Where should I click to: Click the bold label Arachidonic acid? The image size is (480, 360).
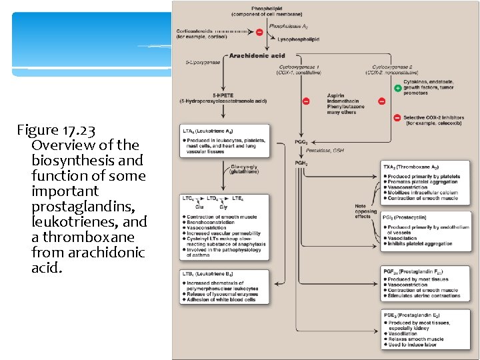tap(257, 55)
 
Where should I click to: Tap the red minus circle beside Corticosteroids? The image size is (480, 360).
tap(259, 31)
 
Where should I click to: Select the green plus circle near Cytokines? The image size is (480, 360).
tap(398, 88)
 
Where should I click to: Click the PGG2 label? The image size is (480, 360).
tap(301, 142)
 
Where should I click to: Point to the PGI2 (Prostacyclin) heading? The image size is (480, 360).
tap(407, 217)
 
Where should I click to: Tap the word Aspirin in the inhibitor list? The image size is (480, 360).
tap(336, 95)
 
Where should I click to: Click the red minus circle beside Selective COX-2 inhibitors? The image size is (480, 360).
tap(398, 118)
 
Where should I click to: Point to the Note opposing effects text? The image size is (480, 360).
tap(365, 211)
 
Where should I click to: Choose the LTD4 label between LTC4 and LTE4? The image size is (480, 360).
tap(213, 199)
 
